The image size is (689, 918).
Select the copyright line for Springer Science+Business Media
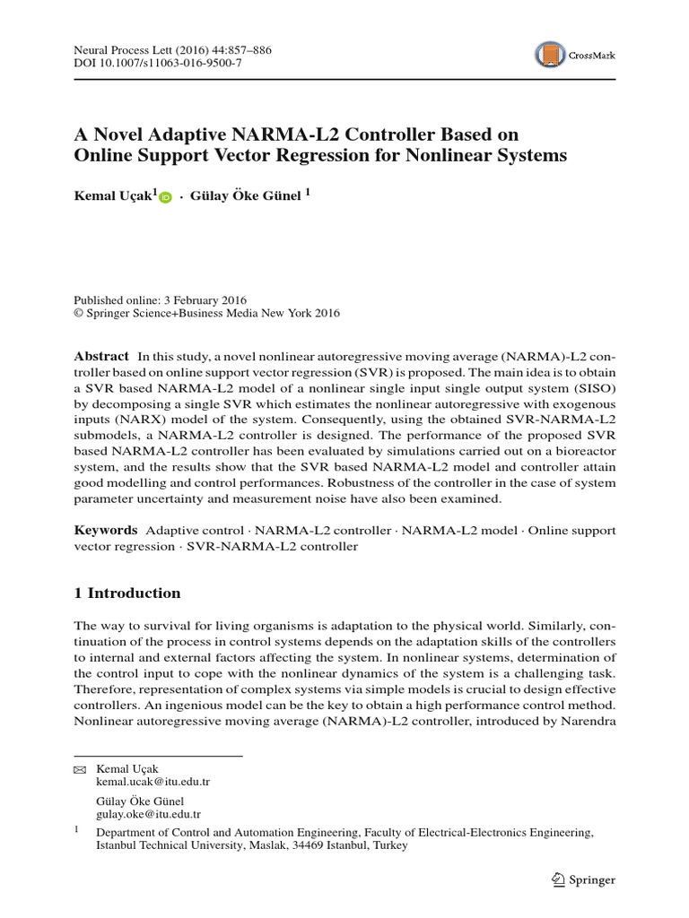point(206,314)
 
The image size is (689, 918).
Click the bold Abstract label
point(100,356)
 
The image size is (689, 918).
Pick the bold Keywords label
point(105,531)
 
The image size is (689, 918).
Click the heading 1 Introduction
point(126,593)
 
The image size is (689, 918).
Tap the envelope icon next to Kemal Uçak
point(80,769)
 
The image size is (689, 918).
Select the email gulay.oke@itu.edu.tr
point(148,815)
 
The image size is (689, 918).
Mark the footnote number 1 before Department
point(77,832)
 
